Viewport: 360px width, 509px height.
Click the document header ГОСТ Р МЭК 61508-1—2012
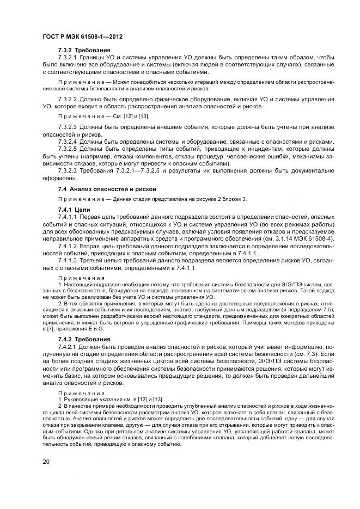click(x=82, y=36)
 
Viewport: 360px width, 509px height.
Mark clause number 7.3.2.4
click(x=68, y=142)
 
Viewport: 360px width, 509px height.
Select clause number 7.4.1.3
click(x=68, y=260)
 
